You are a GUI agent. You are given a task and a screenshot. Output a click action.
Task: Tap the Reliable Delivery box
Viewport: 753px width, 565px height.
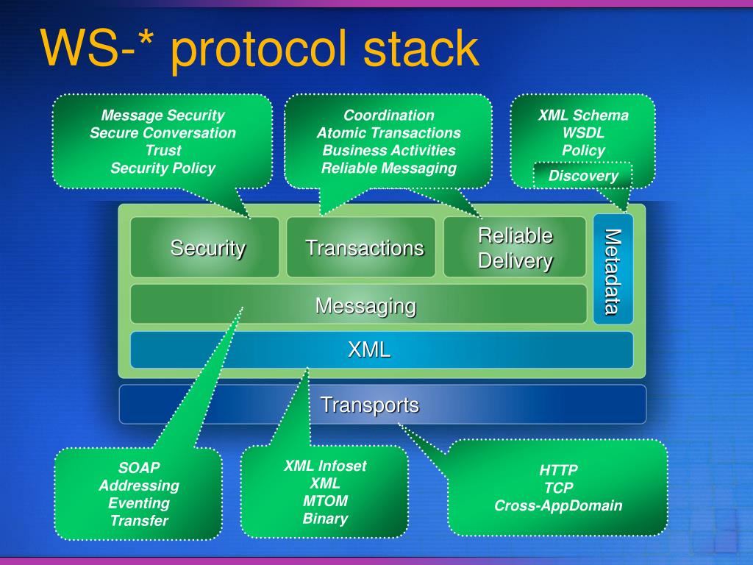click(x=515, y=247)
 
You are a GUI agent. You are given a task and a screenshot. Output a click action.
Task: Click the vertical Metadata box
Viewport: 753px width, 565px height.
click(x=613, y=270)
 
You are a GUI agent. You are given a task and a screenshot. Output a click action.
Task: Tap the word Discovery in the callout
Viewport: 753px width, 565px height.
click(x=583, y=176)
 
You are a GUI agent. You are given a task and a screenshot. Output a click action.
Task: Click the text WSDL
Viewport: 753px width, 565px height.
click(x=583, y=133)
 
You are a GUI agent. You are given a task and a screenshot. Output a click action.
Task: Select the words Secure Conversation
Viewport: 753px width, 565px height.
click(x=163, y=133)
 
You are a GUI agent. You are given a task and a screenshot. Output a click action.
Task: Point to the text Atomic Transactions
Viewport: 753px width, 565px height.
click(x=388, y=133)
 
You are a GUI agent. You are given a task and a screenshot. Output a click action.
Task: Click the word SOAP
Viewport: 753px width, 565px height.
click(x=139, y=468)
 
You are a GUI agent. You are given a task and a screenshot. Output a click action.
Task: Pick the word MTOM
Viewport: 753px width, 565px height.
click(x=325, y=501)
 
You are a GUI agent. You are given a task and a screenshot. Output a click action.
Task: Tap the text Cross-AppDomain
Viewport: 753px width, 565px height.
click(x=558, y=505)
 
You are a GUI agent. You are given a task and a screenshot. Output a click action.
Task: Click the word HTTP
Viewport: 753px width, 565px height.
click(x=558, y=470)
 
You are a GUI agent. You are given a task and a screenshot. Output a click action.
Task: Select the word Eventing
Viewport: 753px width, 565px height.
click(x=139, y=503)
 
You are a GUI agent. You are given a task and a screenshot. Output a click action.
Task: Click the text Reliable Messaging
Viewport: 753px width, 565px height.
click(x=388, y=168)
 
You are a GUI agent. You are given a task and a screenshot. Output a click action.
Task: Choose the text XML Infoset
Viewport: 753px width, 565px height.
click(x=325, y=466)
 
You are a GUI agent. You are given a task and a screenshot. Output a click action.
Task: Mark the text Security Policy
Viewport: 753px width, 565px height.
click(x=163, y=168)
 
